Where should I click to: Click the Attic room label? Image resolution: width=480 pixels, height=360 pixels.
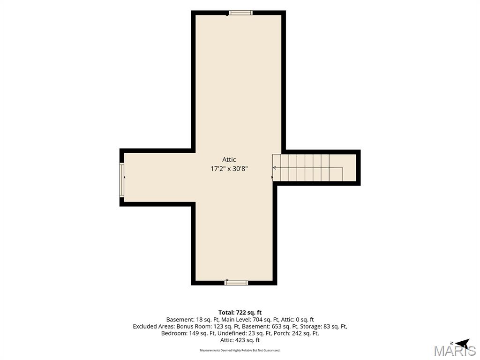point(229,159)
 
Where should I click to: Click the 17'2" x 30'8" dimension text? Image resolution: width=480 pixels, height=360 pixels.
point(229,169)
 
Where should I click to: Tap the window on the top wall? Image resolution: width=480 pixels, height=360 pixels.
point(240,13)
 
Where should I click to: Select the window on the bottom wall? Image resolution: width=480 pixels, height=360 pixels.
point(236,283)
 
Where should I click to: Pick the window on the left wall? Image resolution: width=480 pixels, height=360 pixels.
point(122,180)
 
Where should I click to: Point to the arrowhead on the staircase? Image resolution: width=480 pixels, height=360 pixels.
point(275,168)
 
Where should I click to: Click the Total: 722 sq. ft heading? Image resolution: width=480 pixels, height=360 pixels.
point(240,313)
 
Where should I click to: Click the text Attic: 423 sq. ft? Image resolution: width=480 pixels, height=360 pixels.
point(240,340)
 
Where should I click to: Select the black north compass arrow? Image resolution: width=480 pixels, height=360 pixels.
point(463,343)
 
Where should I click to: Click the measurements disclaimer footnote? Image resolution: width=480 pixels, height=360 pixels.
point(240,350)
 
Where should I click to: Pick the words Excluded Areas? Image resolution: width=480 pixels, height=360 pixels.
point(154,326)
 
